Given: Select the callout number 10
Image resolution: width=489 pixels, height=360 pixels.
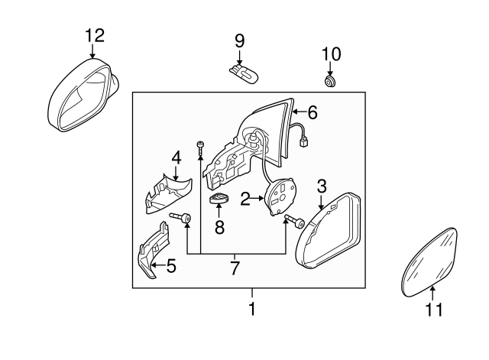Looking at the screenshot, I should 331,54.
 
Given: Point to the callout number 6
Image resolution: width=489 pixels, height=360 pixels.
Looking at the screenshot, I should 312,112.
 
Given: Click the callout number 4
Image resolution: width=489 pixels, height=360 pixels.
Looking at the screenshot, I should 176,158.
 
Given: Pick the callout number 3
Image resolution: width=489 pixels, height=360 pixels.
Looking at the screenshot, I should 322,185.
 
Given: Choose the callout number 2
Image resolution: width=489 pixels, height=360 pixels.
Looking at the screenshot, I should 245,200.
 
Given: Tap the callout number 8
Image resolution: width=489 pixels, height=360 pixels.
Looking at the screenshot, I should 220,226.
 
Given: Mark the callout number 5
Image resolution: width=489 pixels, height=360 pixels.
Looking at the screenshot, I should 170,267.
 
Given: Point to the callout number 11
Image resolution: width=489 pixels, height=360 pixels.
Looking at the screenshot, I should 433,310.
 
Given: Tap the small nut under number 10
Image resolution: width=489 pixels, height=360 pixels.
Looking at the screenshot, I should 331,80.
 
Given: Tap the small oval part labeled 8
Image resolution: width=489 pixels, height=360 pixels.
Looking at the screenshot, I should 220,201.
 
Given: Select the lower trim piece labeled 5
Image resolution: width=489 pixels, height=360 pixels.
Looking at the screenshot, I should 154,251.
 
